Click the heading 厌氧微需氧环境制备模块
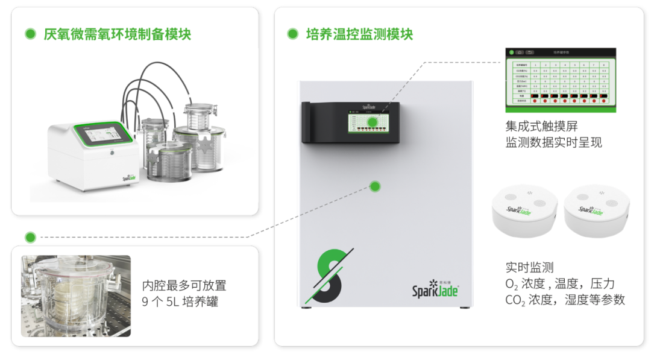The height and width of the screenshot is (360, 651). click(117, 34)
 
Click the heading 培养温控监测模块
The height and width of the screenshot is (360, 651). click(359, 34)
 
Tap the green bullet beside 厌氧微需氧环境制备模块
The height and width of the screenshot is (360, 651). click(30, 34)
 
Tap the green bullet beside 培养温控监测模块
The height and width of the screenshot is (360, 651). click(292, 34)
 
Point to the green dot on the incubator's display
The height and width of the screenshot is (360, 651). click(373, 122)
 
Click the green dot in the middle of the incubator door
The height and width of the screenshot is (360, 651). click(375, 186)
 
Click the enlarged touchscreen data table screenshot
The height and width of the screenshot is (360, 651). click(561, 80)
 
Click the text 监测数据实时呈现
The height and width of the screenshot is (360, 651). click(553, 143)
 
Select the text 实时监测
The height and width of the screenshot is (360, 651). click(529, 268)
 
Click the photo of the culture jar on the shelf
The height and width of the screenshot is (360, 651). click(76, 296)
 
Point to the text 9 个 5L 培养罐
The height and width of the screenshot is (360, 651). click(180, 302)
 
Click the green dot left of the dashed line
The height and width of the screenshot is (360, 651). click(30, 237)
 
